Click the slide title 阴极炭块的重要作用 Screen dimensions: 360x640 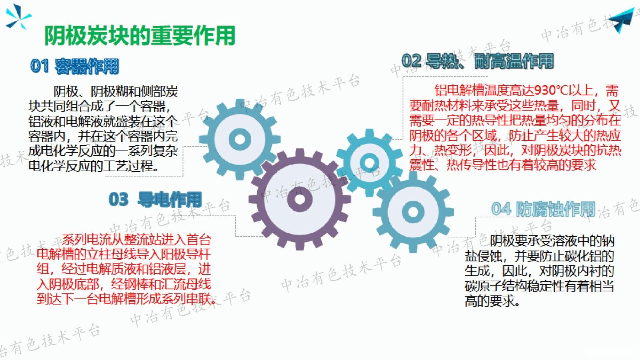[139, 36]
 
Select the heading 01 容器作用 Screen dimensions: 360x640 [75, 66]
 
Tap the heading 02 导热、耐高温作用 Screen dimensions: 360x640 [478, 61]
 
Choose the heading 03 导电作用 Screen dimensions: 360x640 [155, 199]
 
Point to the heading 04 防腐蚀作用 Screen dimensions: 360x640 [543, 209]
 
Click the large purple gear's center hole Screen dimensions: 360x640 [300, 199]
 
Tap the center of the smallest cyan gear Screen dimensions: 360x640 [369, 162]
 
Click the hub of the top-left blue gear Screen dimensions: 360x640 [240, 139]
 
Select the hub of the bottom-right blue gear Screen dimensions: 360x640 [413, 211]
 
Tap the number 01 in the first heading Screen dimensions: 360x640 [39, 66]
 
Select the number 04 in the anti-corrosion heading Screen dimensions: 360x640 [501, 209]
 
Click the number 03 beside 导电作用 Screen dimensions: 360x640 [118, 199]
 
